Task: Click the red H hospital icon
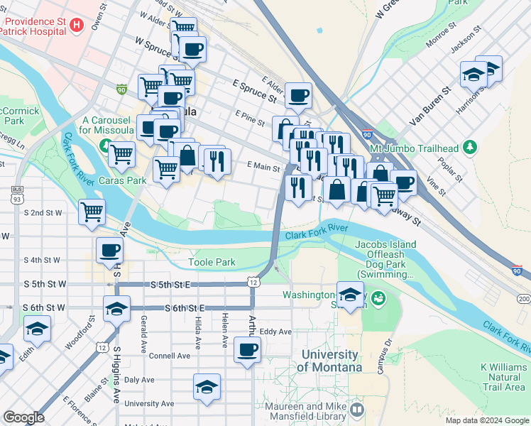tap(77, 25)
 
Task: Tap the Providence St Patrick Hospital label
tap(34, 25)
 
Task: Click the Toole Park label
tap(212, 262)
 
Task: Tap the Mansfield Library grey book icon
tap(356, 410)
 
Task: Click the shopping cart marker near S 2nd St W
tap(92, 211)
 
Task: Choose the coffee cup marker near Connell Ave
tap(247, 349)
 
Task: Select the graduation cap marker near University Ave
tap(207, 387)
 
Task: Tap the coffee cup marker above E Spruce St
tap(298, 94)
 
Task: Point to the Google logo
tap(23, 417)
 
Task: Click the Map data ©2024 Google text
tap(486, 420)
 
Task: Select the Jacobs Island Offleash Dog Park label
tap(385, 259)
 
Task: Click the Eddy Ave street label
tap(275, 332)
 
